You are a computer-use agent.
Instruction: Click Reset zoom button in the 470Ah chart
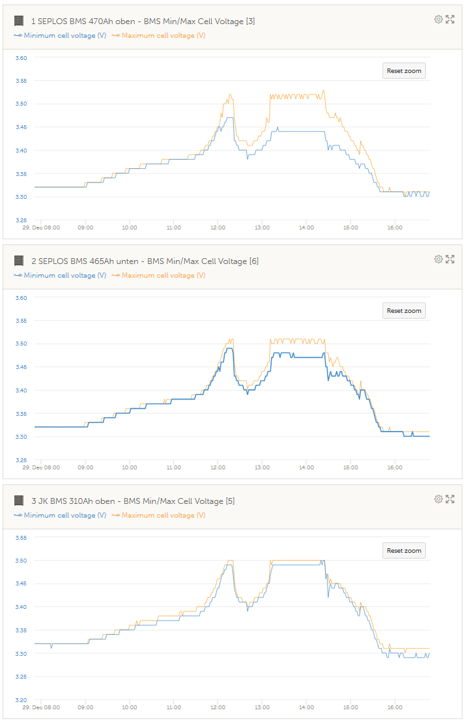404,71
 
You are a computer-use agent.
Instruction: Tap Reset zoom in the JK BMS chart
404,551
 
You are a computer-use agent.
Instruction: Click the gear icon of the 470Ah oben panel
438,20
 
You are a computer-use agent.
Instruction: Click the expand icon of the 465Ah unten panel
449,259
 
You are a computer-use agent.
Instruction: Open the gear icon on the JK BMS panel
438,499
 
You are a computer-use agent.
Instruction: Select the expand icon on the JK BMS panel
449,499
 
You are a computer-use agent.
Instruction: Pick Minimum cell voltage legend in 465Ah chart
64,275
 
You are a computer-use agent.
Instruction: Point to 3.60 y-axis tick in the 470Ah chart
21,58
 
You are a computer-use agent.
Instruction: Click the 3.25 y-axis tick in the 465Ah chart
21,460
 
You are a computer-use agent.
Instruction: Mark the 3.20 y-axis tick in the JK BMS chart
21,700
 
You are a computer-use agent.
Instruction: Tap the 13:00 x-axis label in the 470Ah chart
262,228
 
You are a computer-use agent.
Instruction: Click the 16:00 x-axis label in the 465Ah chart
395,468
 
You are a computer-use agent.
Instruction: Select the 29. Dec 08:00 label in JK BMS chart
42,708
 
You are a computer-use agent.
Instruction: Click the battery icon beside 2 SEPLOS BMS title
19,261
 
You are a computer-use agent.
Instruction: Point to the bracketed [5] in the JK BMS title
230,501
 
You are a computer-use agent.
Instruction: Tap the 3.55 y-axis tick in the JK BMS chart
21,538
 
